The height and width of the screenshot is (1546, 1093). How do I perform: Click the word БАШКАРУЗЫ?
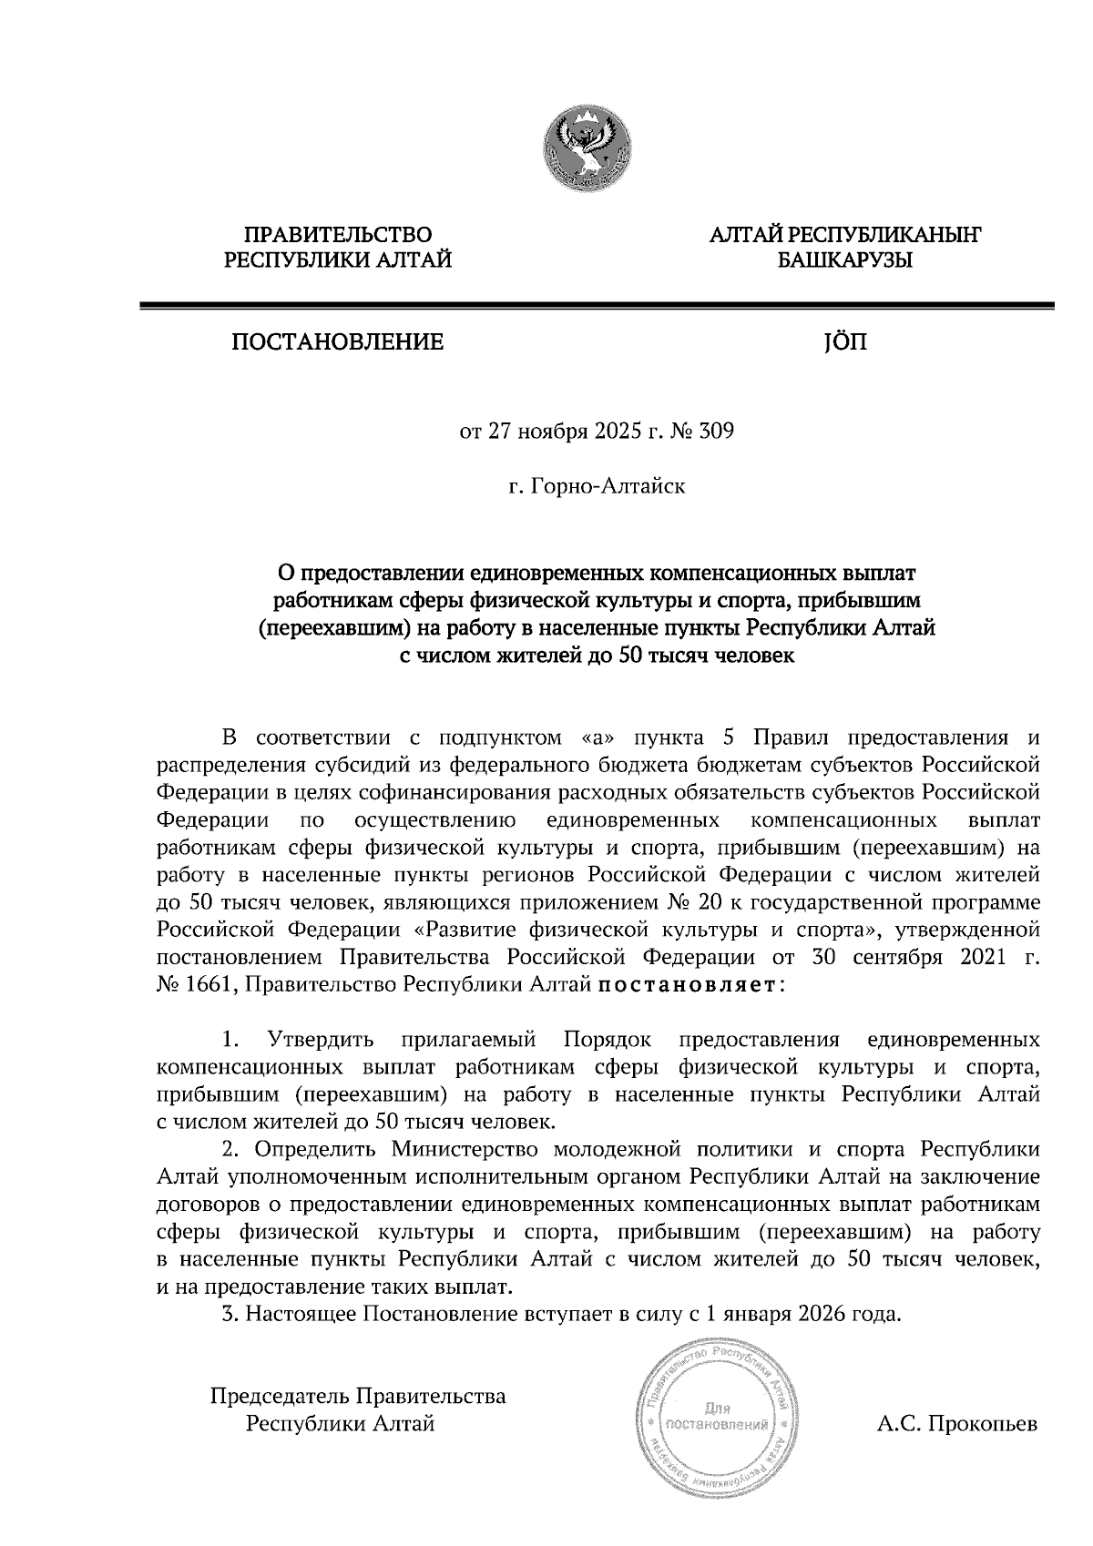pyautogui.click(x=844, y=261)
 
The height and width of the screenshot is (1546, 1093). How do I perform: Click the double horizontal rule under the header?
pyautogui.click(x=596, y=306)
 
